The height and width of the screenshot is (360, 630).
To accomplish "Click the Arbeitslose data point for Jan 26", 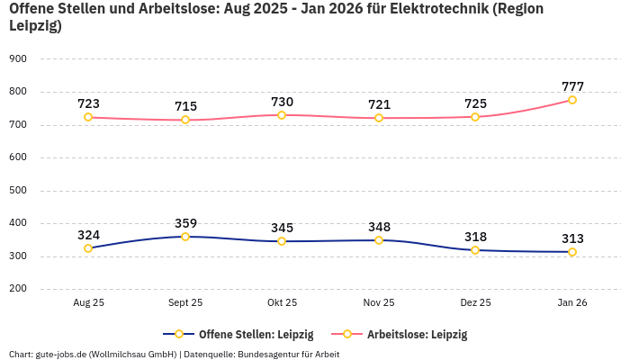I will coord(572,100).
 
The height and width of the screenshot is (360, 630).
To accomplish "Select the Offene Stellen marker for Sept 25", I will coord(185,237).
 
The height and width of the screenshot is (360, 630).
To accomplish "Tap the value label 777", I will coord(572,86).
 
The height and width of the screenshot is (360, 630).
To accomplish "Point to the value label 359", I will coord(185,223).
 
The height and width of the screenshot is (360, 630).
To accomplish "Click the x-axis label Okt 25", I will coord(282,303).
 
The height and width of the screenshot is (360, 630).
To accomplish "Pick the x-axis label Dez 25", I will coord(475,303).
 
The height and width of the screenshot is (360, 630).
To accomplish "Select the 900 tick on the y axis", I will coord(18,58).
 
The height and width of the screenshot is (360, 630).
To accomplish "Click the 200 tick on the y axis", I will coord(18,289).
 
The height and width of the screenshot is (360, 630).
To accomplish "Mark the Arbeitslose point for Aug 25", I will coord(88,117).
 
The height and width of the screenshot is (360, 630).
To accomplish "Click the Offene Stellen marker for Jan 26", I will coord(572,252).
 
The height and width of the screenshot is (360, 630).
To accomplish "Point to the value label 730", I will coord(282,102).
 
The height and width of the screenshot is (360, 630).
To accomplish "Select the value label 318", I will coord(475,237).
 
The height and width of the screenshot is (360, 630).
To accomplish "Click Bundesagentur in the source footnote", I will coord(274,354).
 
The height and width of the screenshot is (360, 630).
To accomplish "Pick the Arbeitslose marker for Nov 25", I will coord(379,118).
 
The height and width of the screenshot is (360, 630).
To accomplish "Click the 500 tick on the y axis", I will coord(18,190).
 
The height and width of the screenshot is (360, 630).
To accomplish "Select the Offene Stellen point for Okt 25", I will coord(282,241).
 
